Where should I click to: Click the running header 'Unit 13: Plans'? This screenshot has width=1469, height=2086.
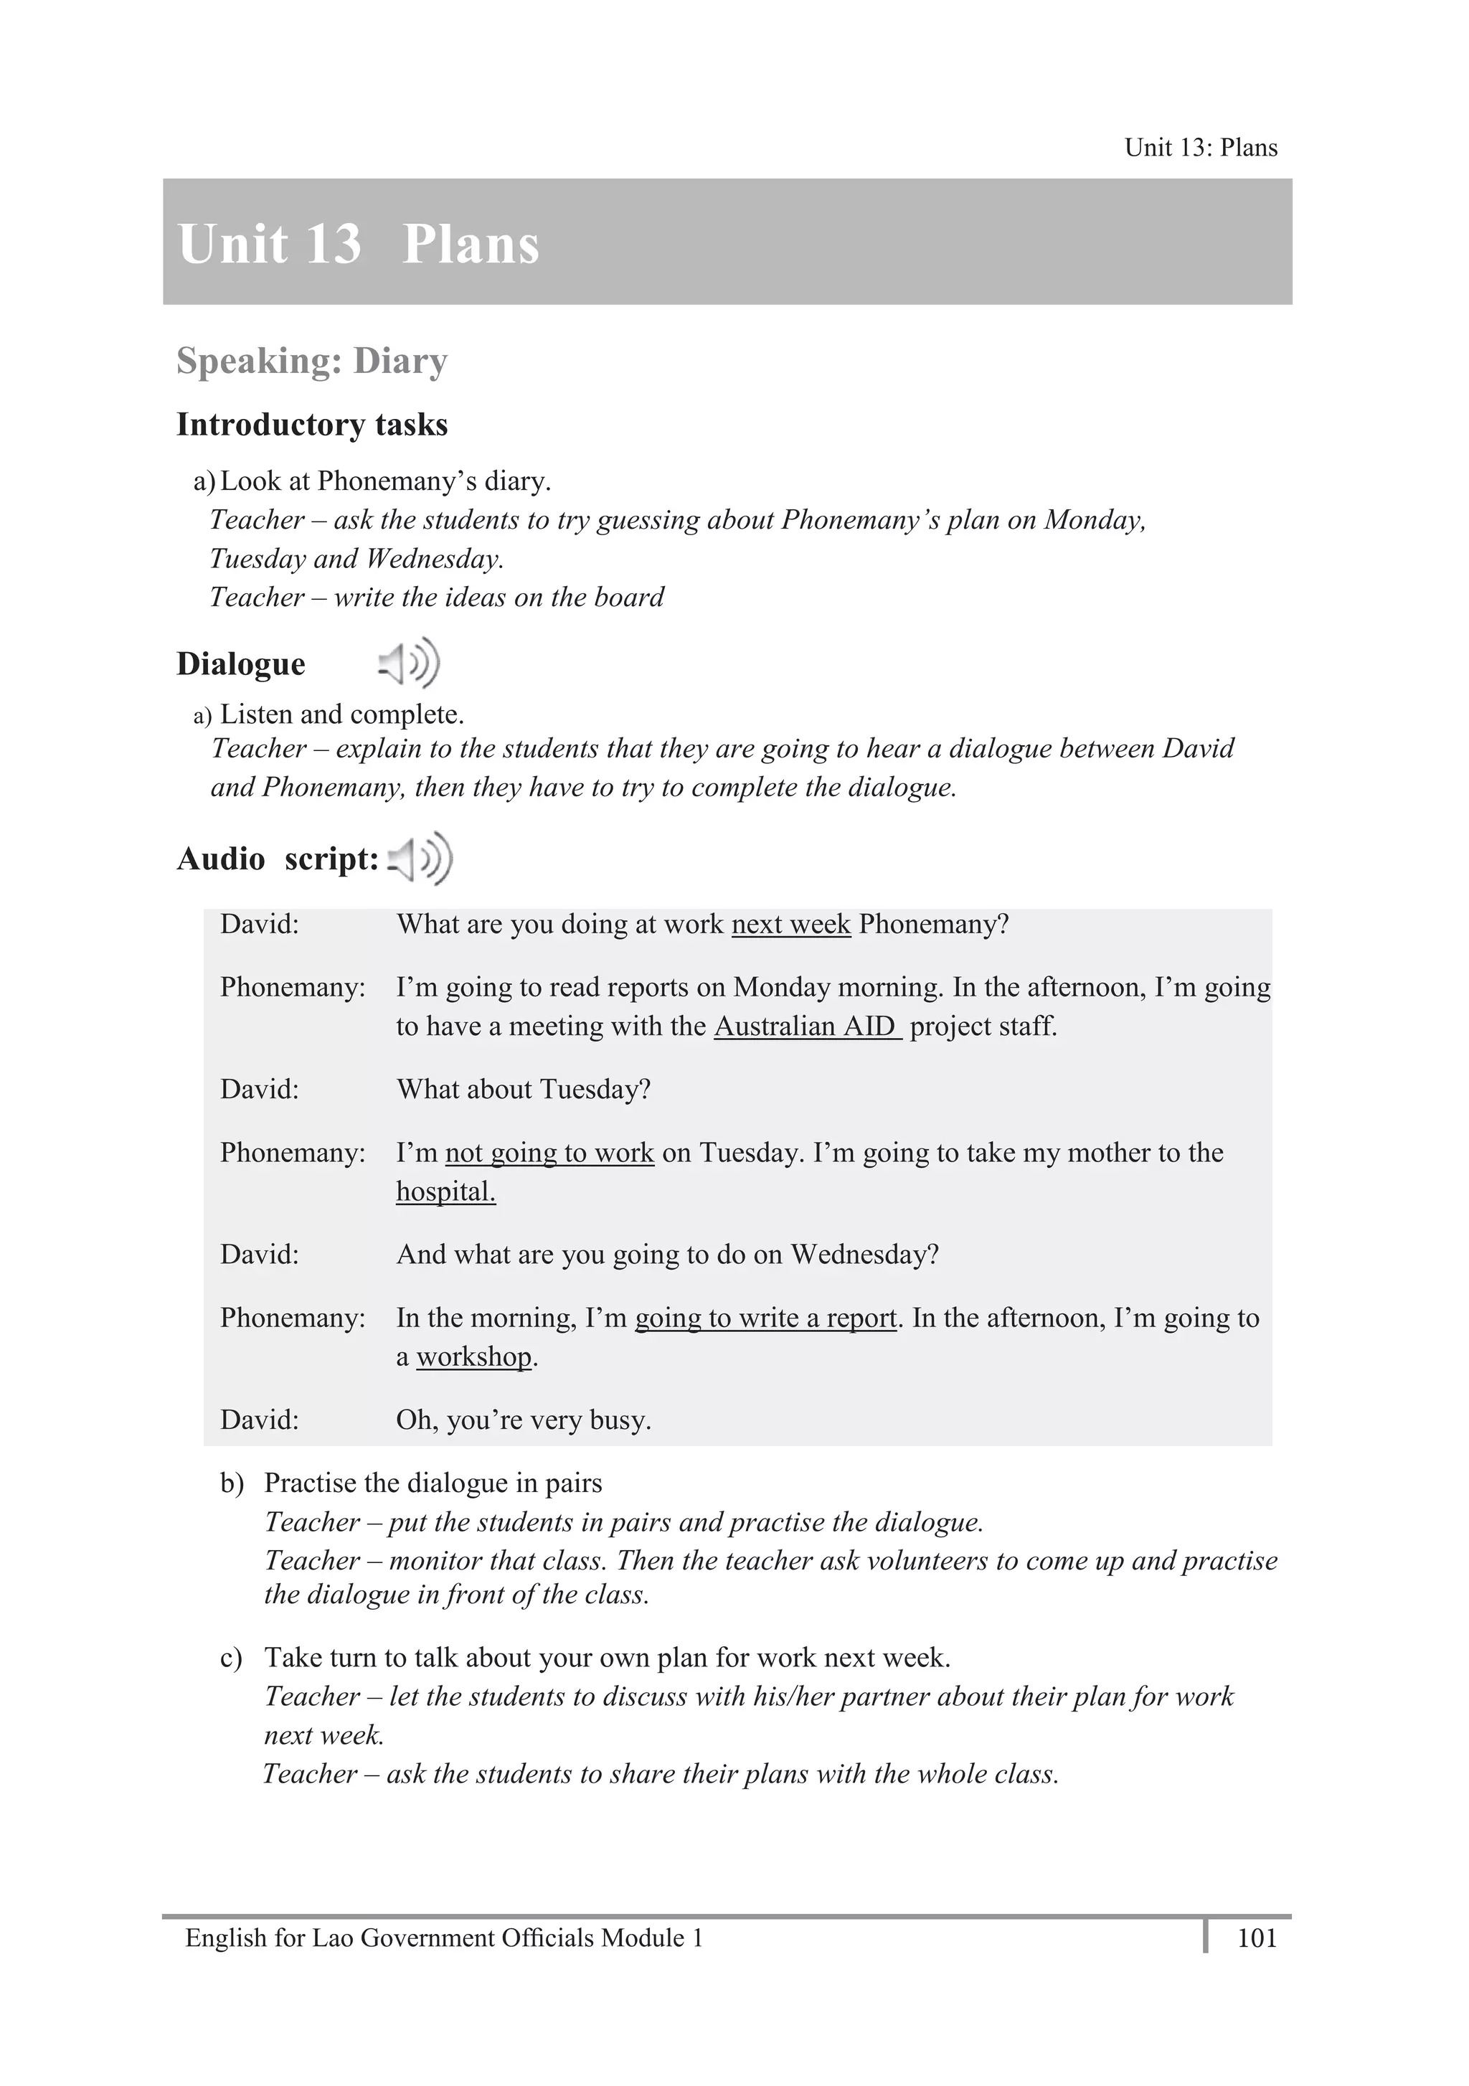tap(1200, 147)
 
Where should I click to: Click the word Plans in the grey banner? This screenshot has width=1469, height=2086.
tap(471, 245)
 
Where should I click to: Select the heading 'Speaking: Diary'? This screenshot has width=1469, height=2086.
tap(311, 361)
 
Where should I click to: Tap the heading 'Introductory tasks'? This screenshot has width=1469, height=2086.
tap(311, 424)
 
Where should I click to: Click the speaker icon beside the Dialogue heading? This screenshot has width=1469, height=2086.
tap(409, 662)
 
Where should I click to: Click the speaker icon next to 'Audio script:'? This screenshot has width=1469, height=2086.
tap(420, 858)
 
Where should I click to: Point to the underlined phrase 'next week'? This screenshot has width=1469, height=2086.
tap(790, 924)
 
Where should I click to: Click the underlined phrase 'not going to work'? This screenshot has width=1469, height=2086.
tap(549, 1152)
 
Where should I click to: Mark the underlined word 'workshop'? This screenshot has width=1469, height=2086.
tap(473, 1356)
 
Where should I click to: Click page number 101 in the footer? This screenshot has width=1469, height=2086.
tap(1257, 1938)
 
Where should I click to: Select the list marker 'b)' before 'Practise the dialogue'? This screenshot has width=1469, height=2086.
tap(232, 1483)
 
